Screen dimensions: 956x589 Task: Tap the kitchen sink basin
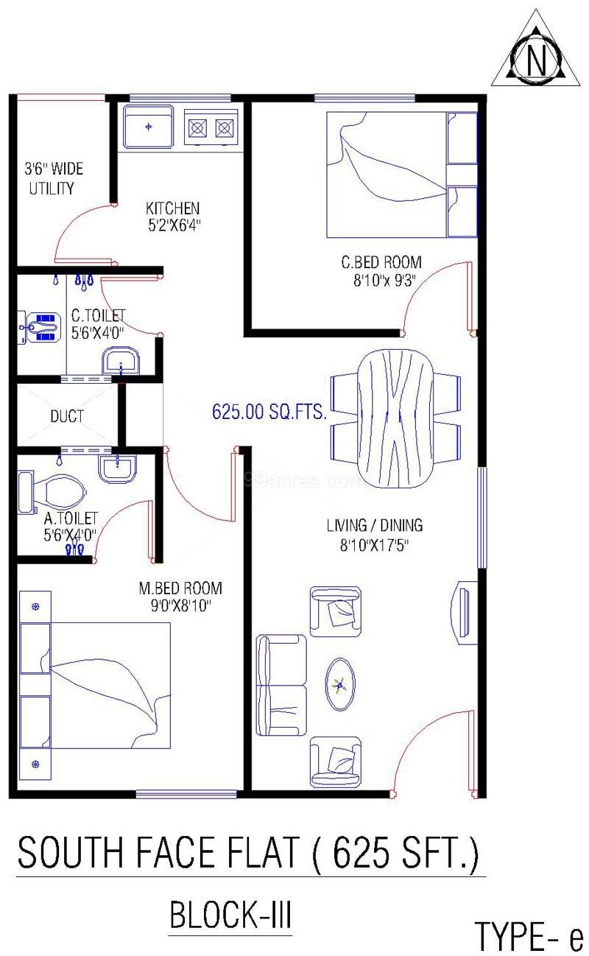pyautogui.click(x=149, y=127)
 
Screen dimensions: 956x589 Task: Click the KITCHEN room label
pyautogui.click(x=172, y=208)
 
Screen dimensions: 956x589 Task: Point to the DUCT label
pyautogui.click(x=67, y=416)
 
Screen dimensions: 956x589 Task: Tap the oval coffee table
pyautogui.click(x=340, y=684)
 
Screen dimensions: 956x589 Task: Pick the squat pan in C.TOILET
pyautogui.click(x=38, y=326)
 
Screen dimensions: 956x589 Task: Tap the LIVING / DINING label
pyautogui.click(x=375, y=525)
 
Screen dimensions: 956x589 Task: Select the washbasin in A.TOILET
pyautogui.click(x=118, y=468)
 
